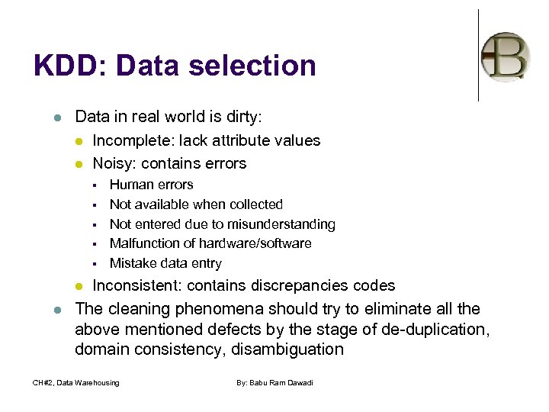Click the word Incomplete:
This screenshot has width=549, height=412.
pos(131,140)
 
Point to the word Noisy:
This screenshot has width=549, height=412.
pos(115,163)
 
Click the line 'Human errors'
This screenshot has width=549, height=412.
pos(151,185)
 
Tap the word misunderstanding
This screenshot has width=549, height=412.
pos(284,224)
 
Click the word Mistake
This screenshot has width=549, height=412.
pos(133,263)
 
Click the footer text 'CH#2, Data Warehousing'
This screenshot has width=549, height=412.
pos(76,382)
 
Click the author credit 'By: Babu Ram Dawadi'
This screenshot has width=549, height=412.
pos(274,382)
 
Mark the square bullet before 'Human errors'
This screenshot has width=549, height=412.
pos(95,185)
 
